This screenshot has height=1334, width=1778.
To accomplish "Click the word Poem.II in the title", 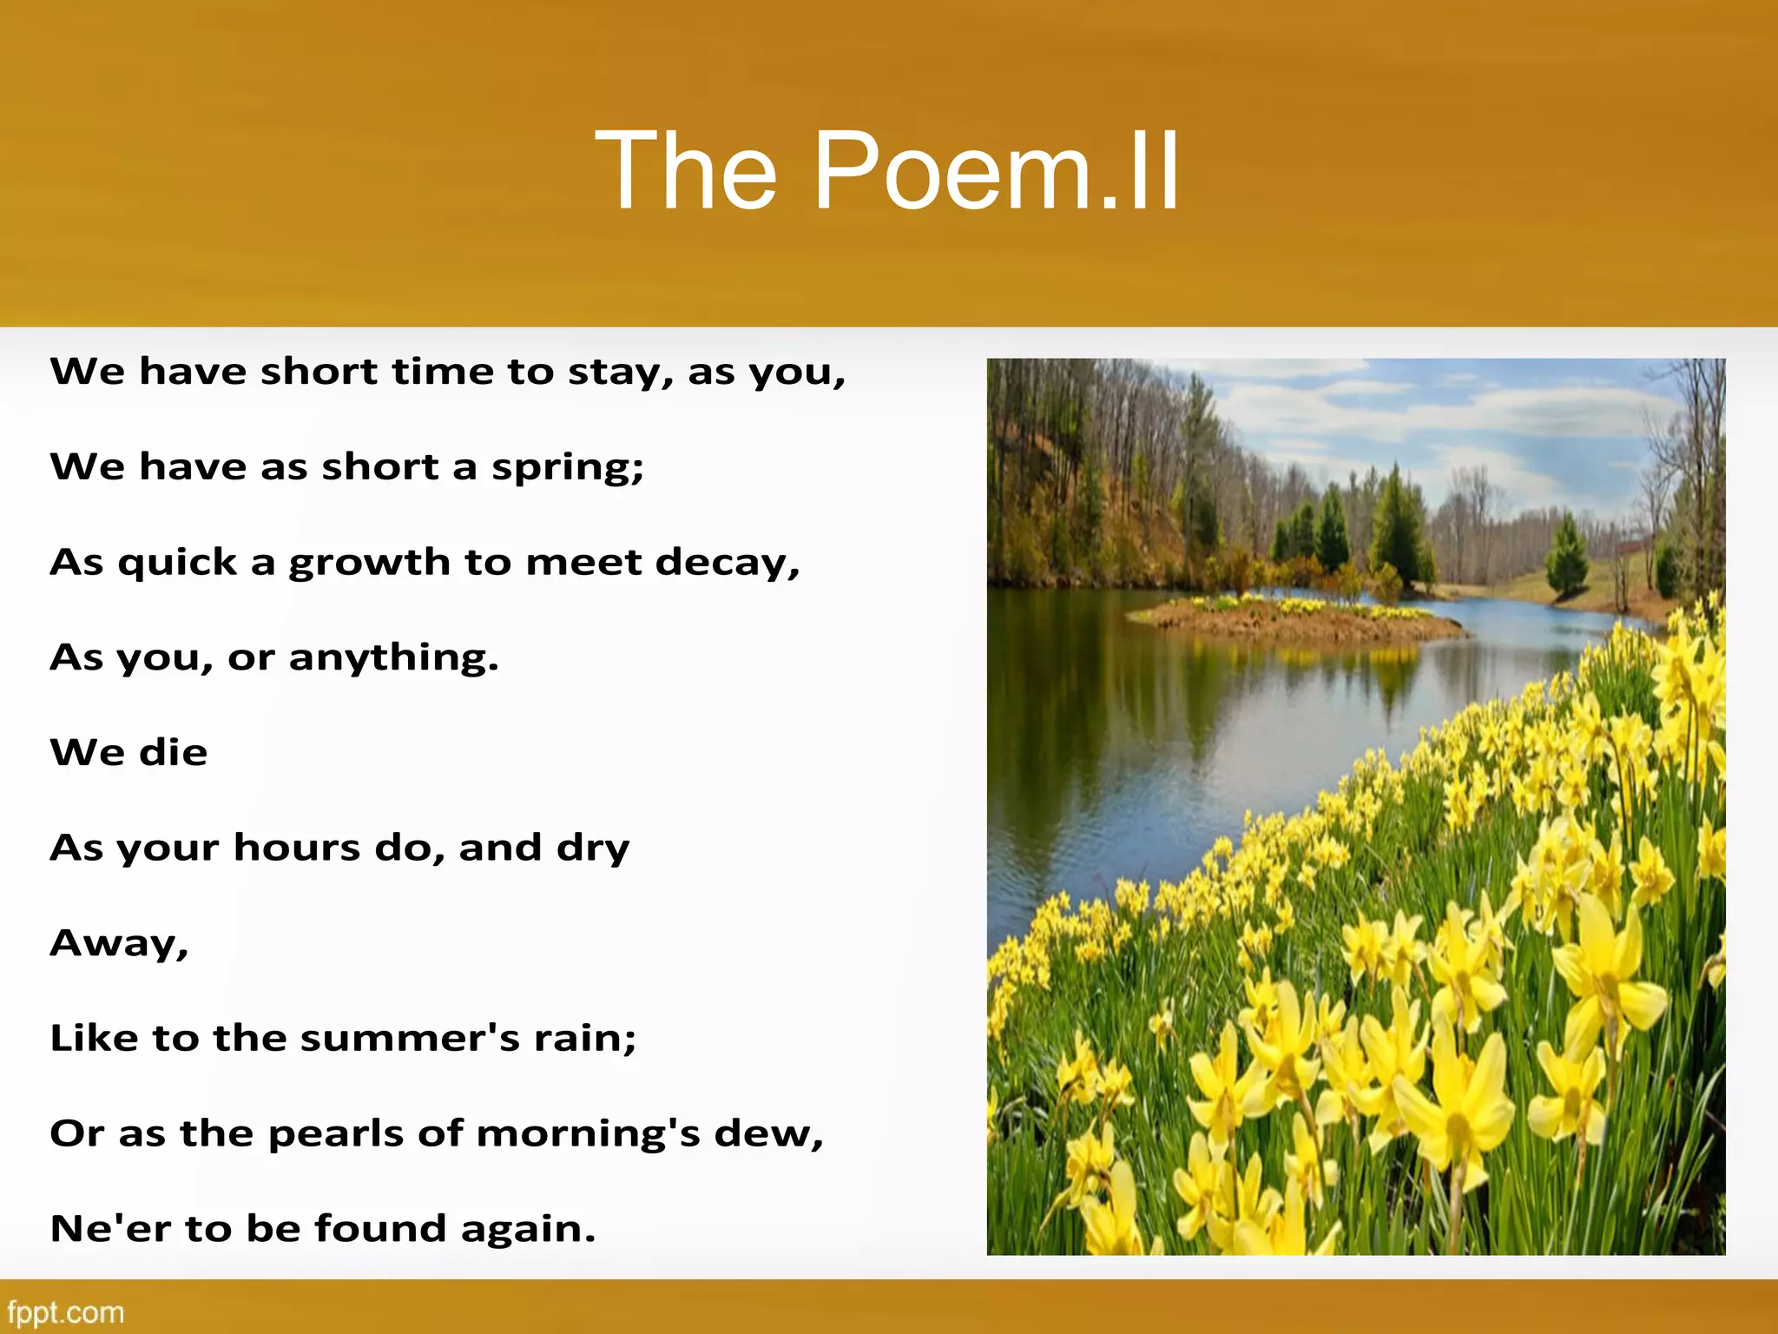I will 996,170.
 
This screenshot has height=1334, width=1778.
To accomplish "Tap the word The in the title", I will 686,170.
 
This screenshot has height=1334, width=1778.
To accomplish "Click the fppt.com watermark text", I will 65,1311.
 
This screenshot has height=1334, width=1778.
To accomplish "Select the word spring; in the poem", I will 568,468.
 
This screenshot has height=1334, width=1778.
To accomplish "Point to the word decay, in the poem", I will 728,563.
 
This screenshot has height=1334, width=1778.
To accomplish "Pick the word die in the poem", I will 173,752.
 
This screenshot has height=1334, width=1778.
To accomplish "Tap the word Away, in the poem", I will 119,944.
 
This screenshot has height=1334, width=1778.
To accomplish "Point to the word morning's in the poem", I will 588,1134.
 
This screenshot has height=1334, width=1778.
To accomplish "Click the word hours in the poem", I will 296,848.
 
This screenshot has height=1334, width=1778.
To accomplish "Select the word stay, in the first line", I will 620,373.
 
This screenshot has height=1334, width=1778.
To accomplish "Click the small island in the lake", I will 1294,618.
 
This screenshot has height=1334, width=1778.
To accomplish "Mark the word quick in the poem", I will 177,563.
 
